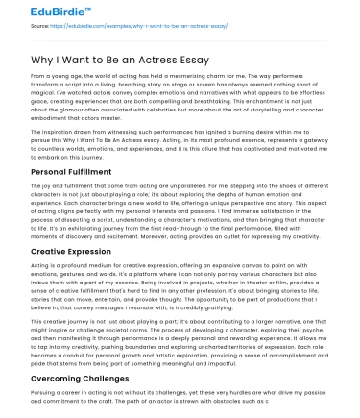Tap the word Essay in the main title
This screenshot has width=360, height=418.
coord(193,59)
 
